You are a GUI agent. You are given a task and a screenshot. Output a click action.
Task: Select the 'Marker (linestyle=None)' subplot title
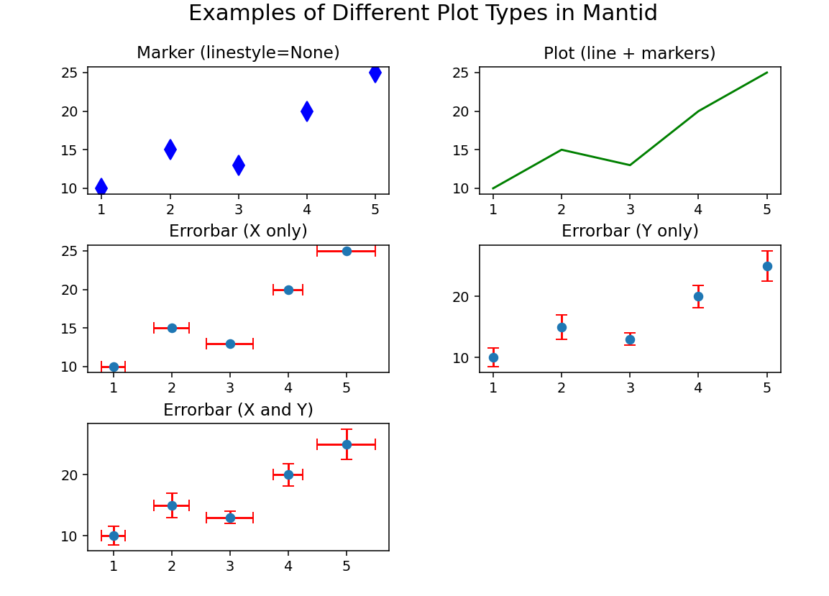click(238, 53)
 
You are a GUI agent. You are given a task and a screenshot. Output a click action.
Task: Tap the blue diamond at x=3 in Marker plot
click(239, 165)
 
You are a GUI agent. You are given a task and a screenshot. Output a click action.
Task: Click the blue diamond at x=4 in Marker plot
click(307, 111)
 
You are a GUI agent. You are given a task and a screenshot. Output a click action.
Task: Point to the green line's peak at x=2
click(562, 150)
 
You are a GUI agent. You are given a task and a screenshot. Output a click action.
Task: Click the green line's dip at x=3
click(630, 165)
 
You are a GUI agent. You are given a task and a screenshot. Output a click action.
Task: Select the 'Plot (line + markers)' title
click(629, 54)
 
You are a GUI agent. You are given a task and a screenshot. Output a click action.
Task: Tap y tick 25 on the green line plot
click(462, 73)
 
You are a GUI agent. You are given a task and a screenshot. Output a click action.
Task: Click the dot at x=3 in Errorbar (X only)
click(230, 344)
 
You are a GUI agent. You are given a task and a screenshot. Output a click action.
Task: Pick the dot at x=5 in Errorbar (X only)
click(347, 251)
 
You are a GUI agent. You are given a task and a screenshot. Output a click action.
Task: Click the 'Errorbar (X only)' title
click(238, 231)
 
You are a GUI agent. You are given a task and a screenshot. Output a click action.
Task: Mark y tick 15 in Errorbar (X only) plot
click(70, 329)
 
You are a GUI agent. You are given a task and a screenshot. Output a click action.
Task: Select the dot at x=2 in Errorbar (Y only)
click(562, 327)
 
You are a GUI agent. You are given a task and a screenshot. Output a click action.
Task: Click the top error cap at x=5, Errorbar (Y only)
click(767, 251)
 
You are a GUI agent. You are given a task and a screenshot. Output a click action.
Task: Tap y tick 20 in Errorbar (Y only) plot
click(462, 297)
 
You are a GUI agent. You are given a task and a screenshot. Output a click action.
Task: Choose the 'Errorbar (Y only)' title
click(630, 231)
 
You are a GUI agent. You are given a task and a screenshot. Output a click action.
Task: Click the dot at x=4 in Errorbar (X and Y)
click(288, 474)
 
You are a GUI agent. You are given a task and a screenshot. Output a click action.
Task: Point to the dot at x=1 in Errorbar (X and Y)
click(114, 536)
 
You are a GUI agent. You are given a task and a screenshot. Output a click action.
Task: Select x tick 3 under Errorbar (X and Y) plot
click(230, 567)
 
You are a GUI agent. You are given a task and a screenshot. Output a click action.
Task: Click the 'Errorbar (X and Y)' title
click(238, 411)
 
